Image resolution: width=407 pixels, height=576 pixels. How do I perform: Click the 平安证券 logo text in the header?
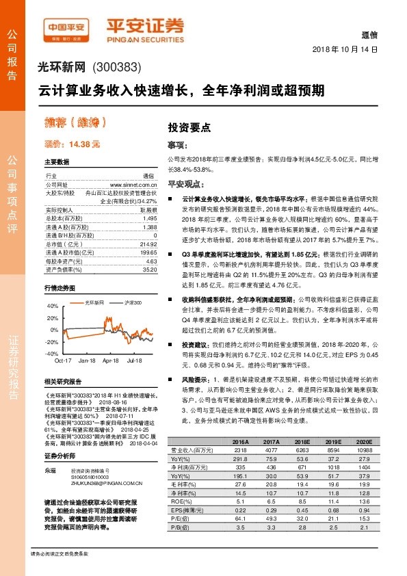145,25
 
